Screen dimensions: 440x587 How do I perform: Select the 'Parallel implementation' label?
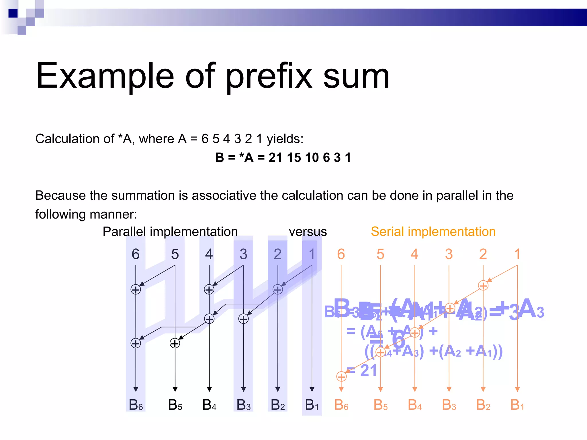point(170,231)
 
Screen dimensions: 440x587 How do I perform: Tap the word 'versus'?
point(308,231)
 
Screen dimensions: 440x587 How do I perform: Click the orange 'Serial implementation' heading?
point(433,231)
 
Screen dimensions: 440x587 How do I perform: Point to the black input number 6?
point(136,254)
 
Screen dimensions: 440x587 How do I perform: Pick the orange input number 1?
point(517,254)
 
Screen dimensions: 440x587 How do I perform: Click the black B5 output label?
point(175,405)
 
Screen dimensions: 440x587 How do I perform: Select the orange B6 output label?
point(341,405)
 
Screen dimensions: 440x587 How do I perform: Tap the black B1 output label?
point(312,405)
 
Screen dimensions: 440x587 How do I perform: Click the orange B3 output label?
point(449,405)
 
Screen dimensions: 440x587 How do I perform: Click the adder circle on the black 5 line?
point(175,343)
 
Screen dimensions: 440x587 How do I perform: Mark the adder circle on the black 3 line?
point(243,319)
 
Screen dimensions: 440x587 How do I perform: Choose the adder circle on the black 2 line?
point(277,290)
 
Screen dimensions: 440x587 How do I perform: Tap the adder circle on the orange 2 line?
point(483,286)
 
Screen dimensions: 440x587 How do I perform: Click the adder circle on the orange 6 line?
point(341,377)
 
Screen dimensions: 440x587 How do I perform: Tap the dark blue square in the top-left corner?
point(13,13)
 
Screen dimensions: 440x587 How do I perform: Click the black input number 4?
point(209,254)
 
